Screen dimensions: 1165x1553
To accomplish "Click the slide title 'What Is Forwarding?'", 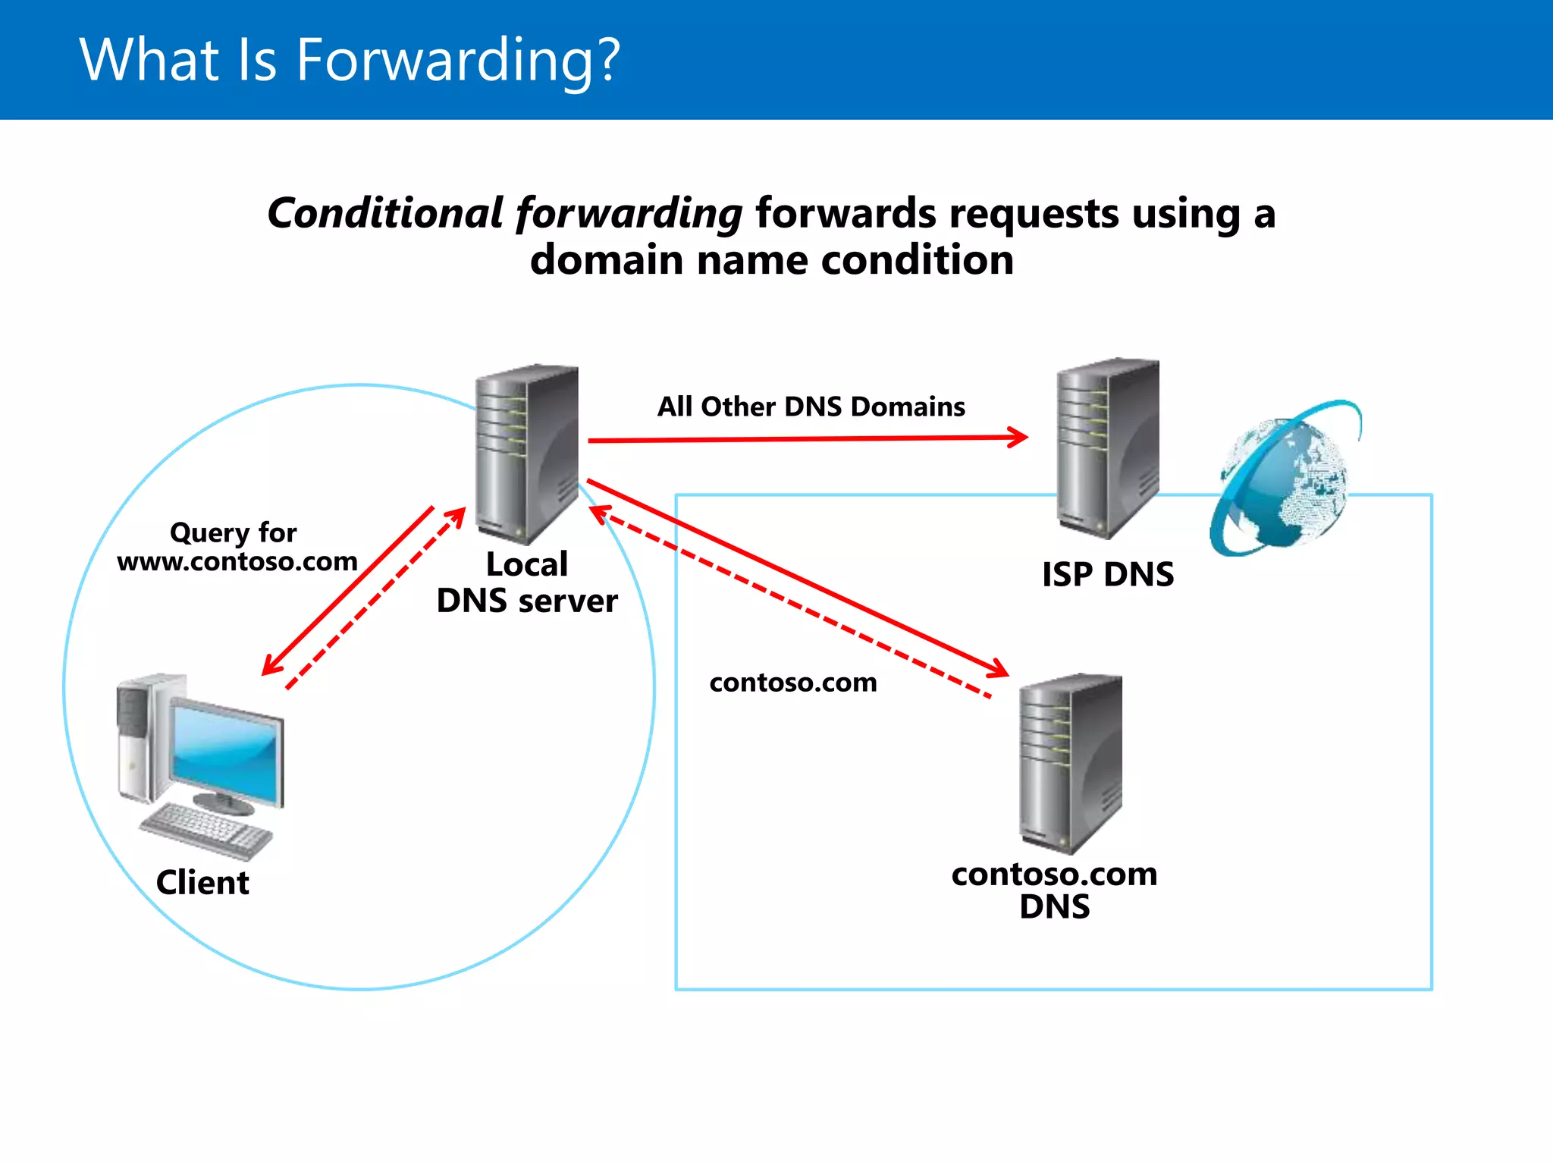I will [350, 60].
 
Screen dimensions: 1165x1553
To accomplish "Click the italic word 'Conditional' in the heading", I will [385, 213].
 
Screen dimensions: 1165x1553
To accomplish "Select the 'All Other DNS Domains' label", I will [811, 407].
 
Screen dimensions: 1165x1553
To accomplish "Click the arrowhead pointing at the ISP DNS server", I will [1018, 437].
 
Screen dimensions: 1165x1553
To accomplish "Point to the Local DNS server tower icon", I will [526, 453].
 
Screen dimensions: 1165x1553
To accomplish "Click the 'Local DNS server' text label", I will [527, 583].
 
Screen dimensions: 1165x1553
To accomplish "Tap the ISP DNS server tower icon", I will [1107, 447].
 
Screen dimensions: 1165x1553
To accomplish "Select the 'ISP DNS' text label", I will [1107, 575].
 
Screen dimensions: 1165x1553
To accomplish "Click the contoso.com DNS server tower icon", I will [1070, 762].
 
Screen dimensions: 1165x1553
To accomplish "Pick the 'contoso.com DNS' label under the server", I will [1054, 890].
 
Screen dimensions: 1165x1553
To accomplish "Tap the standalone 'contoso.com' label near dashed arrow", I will [793, 683].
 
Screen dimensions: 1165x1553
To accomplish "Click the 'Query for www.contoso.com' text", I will [236, 547].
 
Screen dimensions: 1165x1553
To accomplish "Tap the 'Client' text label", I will [202, 883].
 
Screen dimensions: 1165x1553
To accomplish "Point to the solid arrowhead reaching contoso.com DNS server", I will [999, 669].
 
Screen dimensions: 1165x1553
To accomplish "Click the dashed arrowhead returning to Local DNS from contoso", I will [600, 513].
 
